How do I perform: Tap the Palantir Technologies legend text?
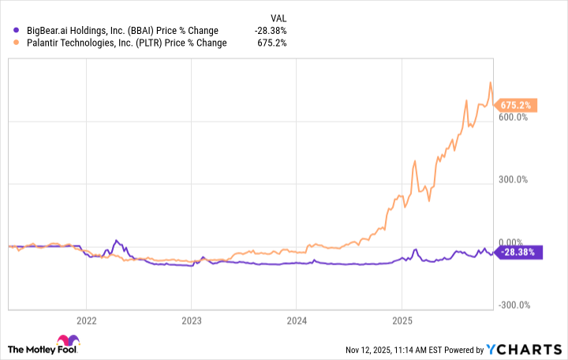[x=120, y=43]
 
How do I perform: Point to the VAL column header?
[x=278, y=17]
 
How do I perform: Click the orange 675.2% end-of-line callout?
[x=518, y=104]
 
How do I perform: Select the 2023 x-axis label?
[x=191, y=321]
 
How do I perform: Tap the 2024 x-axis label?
[x=296, y=321]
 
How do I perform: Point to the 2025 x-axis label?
[x=402, y=321]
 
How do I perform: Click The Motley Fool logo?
[x=43, y=349]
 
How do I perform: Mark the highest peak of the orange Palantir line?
[x=491, y=82]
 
